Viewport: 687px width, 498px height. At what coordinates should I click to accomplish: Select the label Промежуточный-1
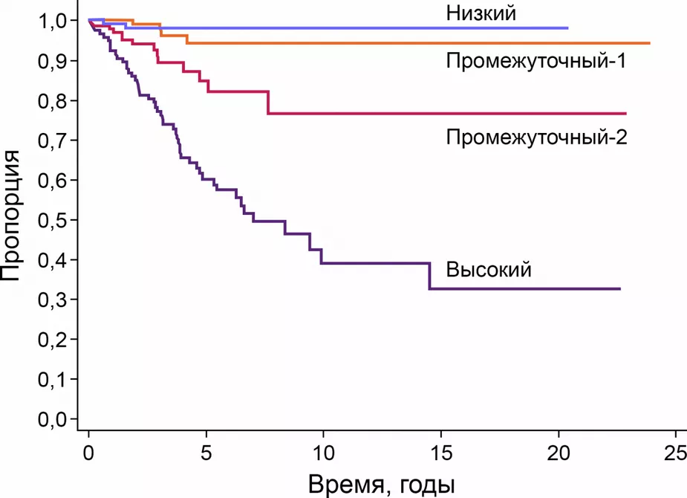click(x=536, y=61)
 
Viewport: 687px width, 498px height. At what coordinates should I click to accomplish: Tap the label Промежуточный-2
click(x=536, y=138)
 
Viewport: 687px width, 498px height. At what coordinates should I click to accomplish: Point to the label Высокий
click(x=489, y=269)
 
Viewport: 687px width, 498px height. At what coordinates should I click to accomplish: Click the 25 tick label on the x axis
click(x=675, y=452)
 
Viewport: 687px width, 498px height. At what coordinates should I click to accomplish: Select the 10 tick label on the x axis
click(x=323, y=452)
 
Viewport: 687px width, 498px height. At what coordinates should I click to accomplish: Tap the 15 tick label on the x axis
click(x=440, y=452)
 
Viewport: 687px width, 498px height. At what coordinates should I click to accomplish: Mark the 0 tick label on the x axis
click(x=88, y=452)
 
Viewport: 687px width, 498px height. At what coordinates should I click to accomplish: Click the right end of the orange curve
click(x=650, y=44)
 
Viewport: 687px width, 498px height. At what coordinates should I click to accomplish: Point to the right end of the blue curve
click(x=567, y=28)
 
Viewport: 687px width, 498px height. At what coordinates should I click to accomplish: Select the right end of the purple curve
click(x=619, y=288)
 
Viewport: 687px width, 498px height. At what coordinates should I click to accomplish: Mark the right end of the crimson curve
click(x=625, y=113)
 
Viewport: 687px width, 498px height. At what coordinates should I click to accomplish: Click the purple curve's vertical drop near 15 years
click(x=430, y=276)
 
